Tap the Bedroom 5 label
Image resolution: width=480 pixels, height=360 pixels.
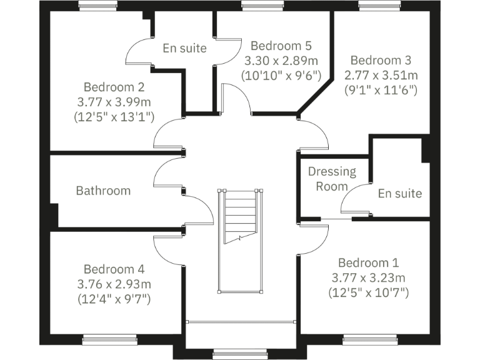point(281,46)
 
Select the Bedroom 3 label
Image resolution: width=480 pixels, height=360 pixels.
point(381,61)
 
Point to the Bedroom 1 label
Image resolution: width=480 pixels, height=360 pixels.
point(368,262)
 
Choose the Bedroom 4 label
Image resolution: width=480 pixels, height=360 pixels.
point(114,269)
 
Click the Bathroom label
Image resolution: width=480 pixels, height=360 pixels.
point(103,191)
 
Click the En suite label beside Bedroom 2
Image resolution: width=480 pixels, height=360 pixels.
point(184,48)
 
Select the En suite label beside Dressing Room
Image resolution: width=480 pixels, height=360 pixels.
point(399,193)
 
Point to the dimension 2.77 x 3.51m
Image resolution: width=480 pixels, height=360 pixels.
point(381,75)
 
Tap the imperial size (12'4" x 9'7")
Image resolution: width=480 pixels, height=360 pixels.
point(114,299)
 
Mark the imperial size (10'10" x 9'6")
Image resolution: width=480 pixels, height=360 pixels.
point(281,75)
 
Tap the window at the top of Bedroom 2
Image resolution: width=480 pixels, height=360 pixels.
point(99,6)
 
